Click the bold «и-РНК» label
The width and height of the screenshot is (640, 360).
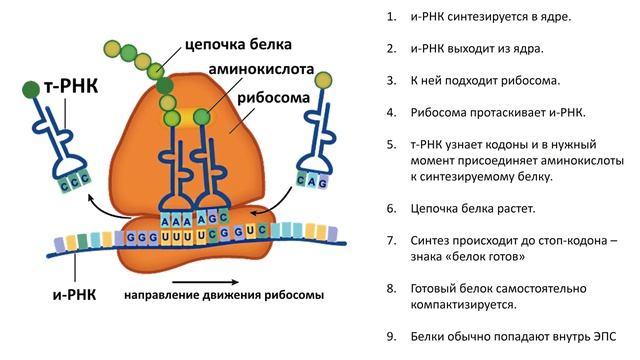(x=75, y=296)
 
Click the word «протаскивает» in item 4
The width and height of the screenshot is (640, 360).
(x=513, y=109)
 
